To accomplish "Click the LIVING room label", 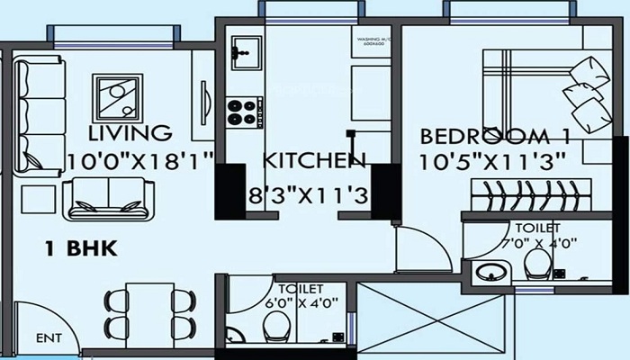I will (130, 134).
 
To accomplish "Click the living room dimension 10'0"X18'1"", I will (140, 162).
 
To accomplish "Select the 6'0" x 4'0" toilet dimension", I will (288, 303).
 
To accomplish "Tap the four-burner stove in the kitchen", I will (242, 112).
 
